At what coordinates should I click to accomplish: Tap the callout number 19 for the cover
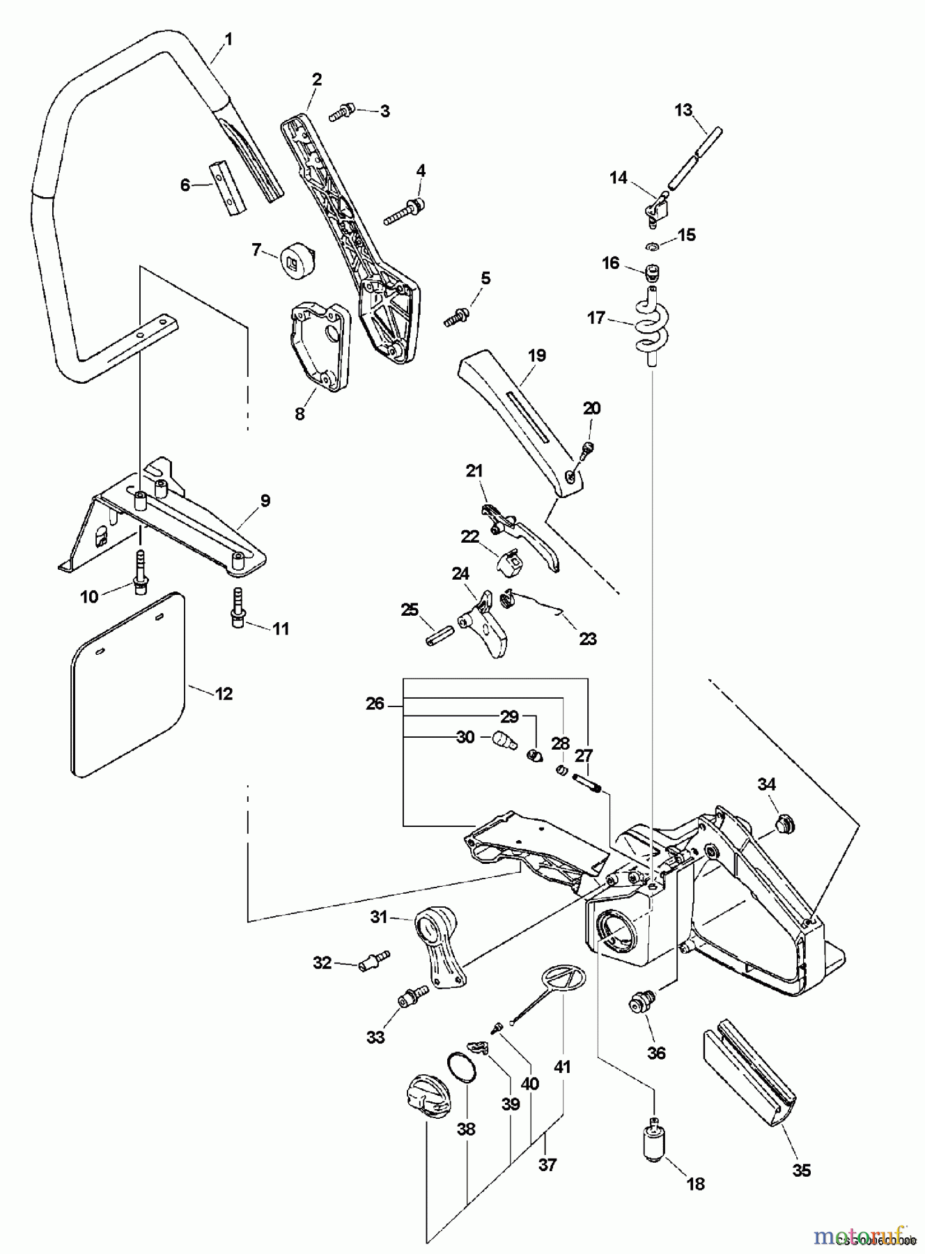click(536, 355)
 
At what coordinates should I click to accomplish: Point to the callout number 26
click(375, 704)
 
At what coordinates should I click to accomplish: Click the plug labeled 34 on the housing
click(782, 826)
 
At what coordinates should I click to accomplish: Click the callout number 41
click(562, 1067)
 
